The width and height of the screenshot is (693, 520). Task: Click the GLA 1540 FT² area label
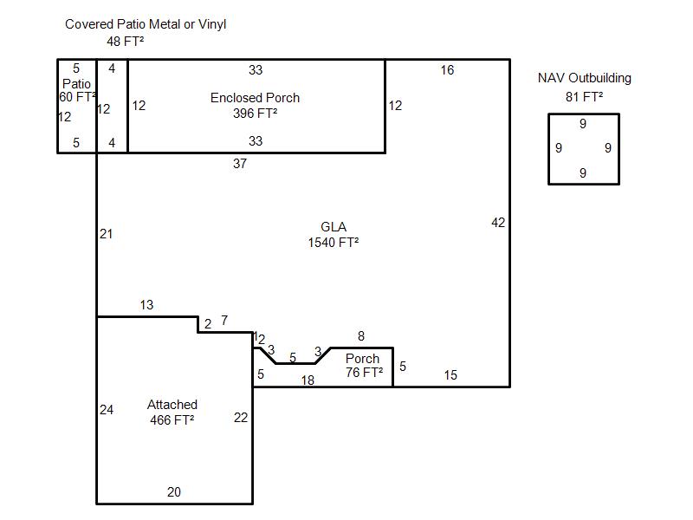[334, 235]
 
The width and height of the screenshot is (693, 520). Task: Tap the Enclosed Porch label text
[255, 98]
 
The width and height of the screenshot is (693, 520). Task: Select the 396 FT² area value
[255, 114]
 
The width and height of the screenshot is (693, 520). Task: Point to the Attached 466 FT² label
[172, 413]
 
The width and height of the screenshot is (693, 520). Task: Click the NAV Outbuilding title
[584, 78]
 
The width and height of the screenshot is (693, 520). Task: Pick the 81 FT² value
[584, 97]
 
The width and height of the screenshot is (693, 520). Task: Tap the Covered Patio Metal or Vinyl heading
[146, 24]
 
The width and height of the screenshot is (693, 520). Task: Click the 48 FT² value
[125, 42]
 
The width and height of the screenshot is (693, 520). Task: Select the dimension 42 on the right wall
[498, 223]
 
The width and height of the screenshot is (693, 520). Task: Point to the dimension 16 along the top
[447, 70]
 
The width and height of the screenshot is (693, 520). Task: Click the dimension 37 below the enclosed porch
[240, 164]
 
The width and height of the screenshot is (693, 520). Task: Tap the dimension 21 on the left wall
[106, 234]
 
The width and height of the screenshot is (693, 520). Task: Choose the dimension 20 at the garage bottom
[174, 491]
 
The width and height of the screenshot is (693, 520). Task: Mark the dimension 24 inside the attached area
[107, 410]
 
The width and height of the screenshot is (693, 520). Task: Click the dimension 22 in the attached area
[241, 418]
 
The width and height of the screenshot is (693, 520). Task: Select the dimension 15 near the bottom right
[450, 375]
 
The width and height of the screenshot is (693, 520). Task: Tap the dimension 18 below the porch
[308, 380]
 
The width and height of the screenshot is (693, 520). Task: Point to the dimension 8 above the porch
[361, 336]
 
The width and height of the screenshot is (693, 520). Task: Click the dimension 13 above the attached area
[146, 305]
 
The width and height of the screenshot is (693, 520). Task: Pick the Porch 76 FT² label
[364, 365]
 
